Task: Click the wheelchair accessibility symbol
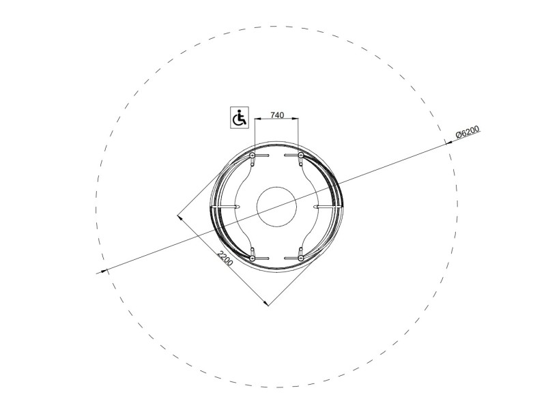pos(240,117)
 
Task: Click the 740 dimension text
pos(277,115)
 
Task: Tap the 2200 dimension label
pos(225,258)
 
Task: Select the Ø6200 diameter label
pos(468,132)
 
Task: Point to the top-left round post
pos(253,155)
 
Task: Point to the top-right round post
pos(301,155)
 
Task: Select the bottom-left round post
pos(253,259)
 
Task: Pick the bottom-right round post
pos(301,259)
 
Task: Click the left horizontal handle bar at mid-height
pos(226,207)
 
